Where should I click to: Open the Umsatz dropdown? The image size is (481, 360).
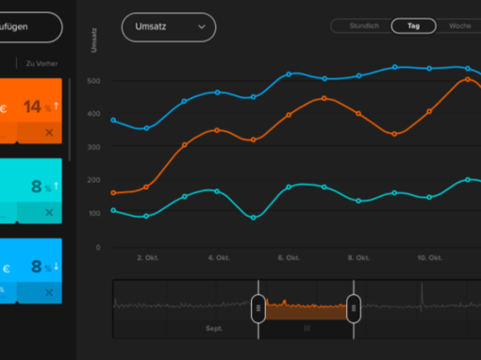(x=168, y=27)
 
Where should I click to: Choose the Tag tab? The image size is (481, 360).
(x=413, y=25)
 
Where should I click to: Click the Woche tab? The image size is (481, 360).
(x=459, y=25)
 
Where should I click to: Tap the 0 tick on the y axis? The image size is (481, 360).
(x=97, y=247)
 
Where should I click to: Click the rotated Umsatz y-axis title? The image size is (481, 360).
(x=94, y=41)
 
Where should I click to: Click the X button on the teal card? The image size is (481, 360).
(x=49, y=213)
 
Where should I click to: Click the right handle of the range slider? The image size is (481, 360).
(x=353, y=307)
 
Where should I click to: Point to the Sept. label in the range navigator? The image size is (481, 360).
(x=214, y=330)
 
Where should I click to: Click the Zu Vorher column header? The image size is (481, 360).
(x=41, y=64)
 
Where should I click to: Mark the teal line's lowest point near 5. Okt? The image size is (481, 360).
(x=254, y=218)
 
